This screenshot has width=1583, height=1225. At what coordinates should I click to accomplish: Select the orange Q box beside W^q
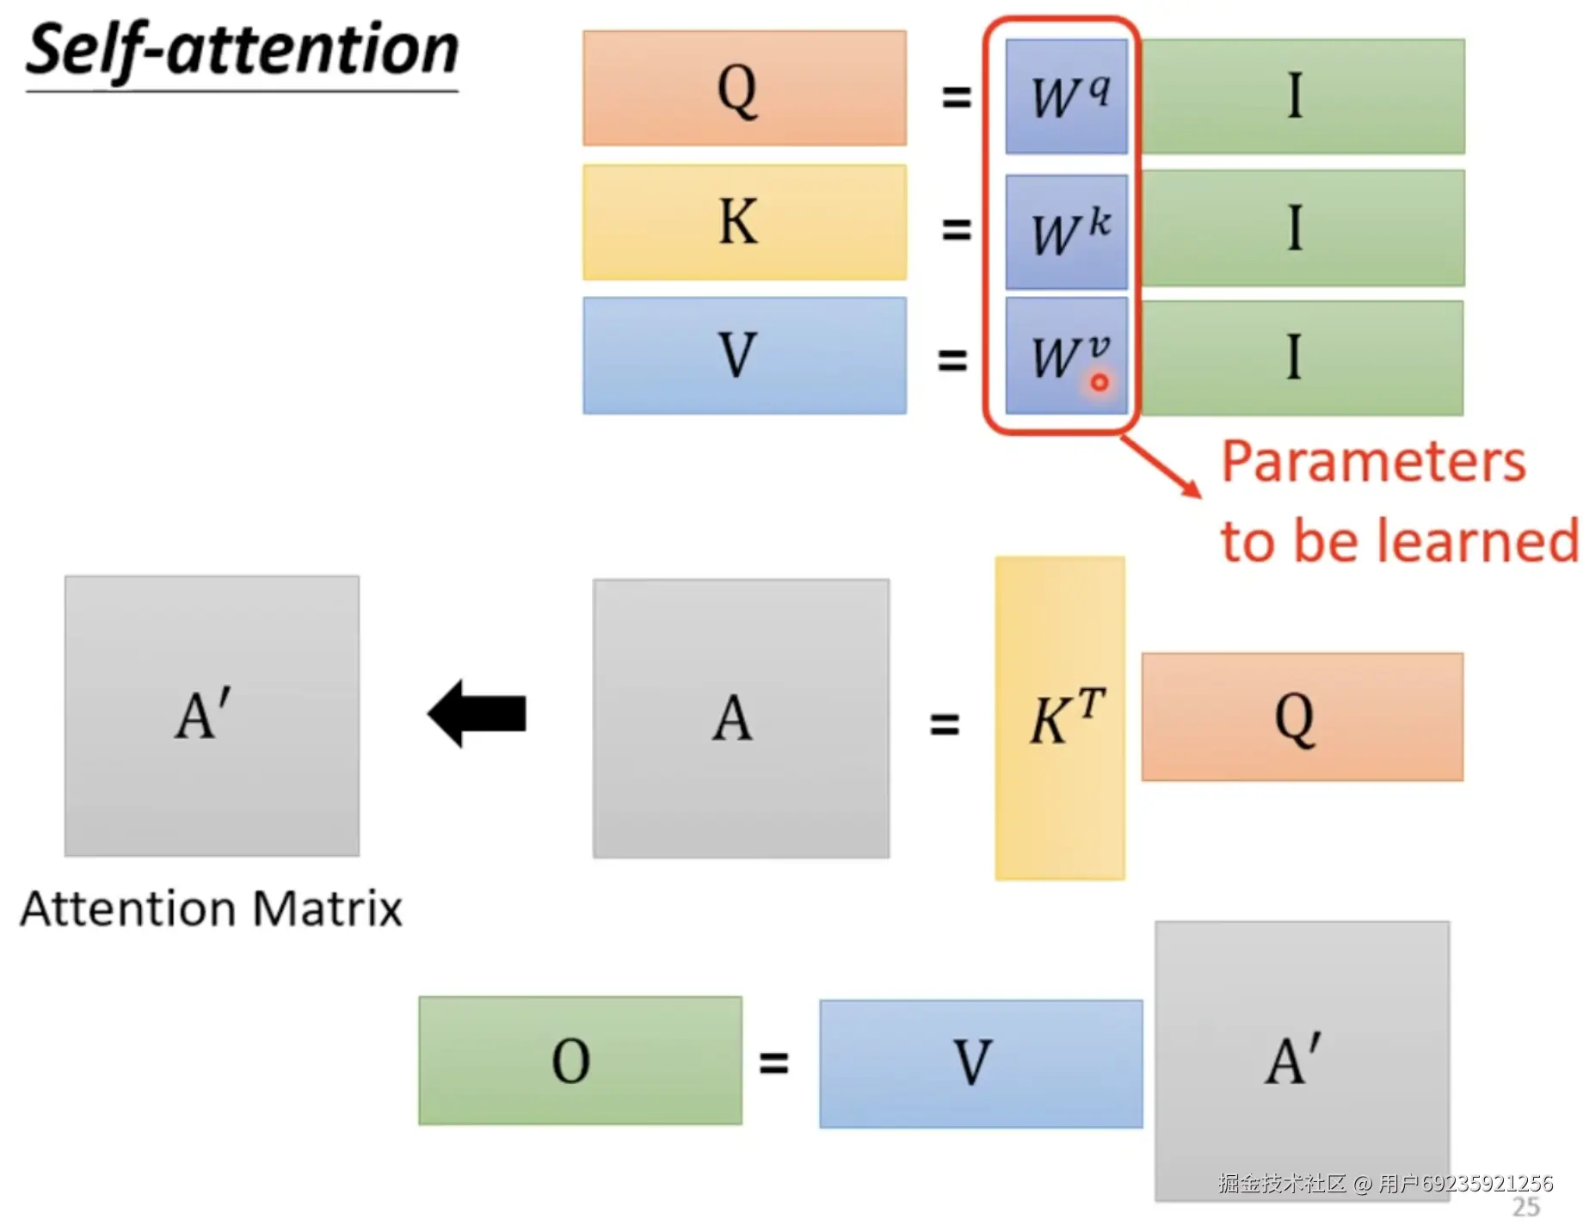click(744, 89)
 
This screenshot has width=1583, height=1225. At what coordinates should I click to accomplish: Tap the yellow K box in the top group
click(744, 222)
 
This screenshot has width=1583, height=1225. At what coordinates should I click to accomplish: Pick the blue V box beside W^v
click(744, 355)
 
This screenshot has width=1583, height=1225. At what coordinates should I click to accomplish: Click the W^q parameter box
click(1066, 96)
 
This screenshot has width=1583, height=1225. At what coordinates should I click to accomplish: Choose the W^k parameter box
click(1066, 231)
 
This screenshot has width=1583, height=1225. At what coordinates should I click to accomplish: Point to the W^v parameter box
click(1066, 354)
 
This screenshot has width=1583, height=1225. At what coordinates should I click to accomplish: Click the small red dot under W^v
click(1099, 383)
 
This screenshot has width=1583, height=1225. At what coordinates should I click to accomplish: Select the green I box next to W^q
click(1303, 96)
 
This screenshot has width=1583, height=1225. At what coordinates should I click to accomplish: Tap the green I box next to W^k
click(1303, 228)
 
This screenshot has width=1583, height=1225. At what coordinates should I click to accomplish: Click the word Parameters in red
click(1373, 462)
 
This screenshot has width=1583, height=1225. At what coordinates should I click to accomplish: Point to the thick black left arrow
click(477, 713)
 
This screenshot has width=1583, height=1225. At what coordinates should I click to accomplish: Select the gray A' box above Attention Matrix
click(212, 716)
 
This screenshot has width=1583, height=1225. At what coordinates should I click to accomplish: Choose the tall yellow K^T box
click(1060, 717)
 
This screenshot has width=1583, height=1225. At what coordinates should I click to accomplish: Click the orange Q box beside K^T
click(1303, 717)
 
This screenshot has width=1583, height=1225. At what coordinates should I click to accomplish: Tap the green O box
click(580, 1060)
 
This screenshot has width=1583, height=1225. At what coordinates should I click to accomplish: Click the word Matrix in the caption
click(328, 908)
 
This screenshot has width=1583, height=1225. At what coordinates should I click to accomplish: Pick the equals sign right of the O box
click(773, 1062)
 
